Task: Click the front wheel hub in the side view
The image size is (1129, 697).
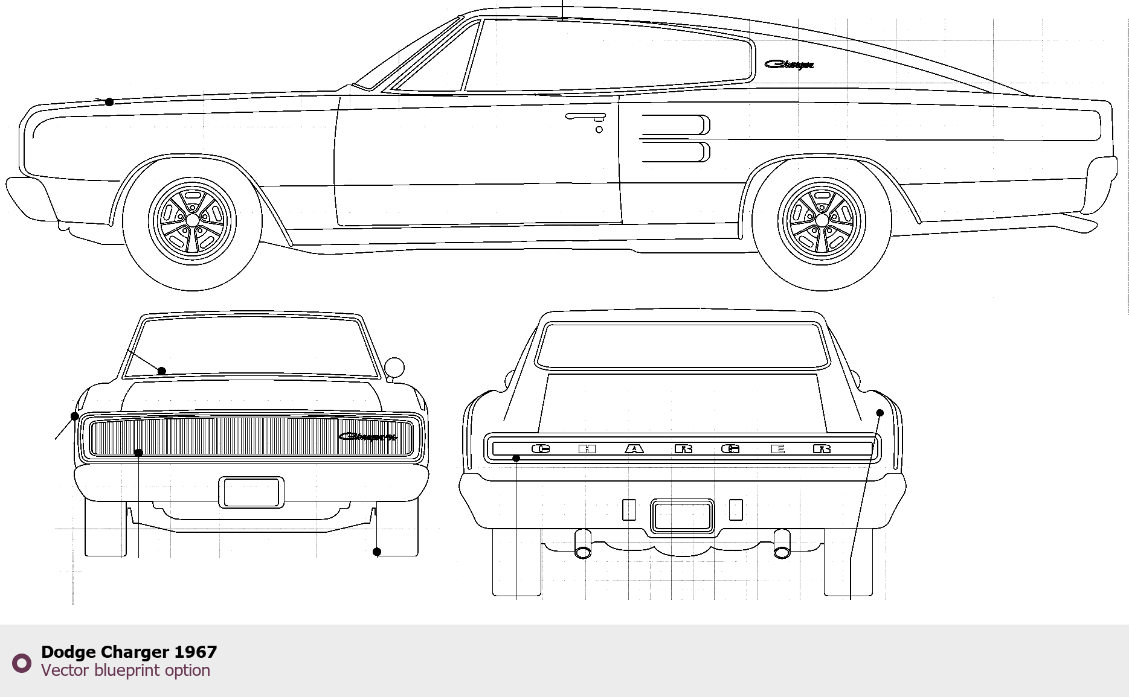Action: coord(192,221)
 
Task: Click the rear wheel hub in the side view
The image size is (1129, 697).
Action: coord(822,221)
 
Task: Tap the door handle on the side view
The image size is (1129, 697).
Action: coord(584,116)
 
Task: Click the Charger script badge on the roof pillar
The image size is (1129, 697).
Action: coord(789,64)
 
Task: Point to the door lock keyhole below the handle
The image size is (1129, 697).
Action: coord(599,130)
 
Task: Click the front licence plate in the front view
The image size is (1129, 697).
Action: coord(251,492)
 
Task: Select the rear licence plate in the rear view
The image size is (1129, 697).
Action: coord(682,517)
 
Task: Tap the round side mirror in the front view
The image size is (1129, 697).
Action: coord(394,367)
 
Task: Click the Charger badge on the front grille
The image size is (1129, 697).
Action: coord(367,436)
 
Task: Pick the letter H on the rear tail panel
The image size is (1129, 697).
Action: coord(587,449)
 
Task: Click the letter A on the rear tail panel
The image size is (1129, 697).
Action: coord(634,449)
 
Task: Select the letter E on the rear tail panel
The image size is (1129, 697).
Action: coord(778,449)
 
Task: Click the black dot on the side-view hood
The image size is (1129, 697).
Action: coord(109,102)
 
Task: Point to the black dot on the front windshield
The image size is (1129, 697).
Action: coord(161,371)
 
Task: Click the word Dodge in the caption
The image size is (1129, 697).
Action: coord(68,652)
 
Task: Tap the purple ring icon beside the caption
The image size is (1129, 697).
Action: coord(22,663)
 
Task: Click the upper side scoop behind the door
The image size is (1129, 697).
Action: coord(675,124)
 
